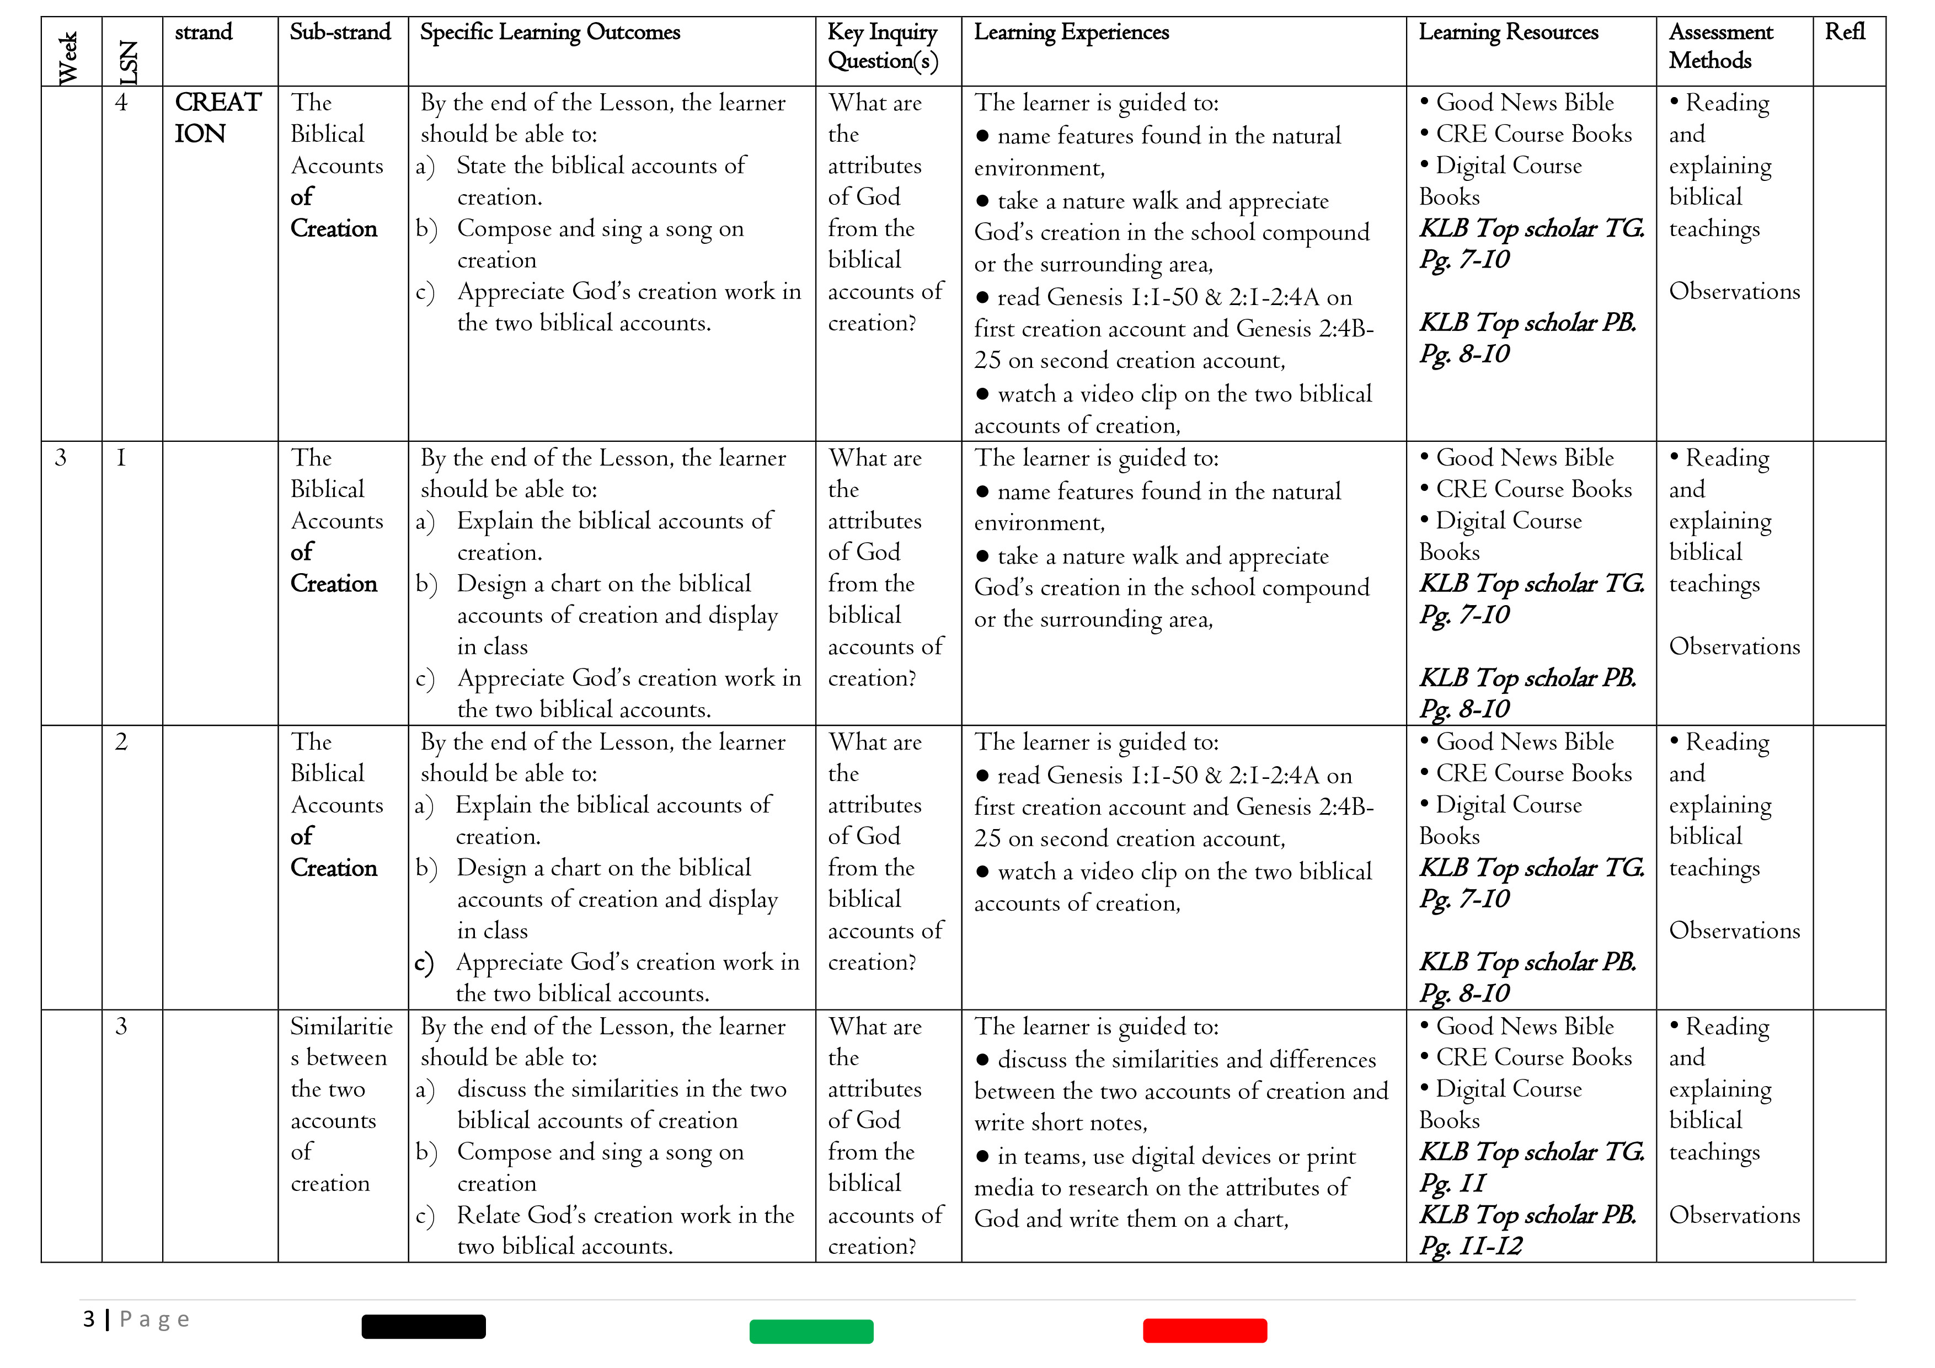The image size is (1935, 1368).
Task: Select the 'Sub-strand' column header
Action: (x=340, y=32)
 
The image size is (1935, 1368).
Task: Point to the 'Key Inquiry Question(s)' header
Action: (x=883, y=46)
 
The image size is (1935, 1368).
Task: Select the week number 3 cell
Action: (x=61, y=458)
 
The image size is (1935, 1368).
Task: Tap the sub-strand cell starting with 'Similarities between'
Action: (x=340, y=1104)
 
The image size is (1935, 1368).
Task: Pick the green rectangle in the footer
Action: (x=811, y=1332)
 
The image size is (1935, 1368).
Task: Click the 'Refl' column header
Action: (x=1845, y=32)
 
